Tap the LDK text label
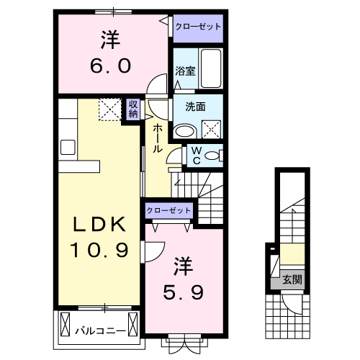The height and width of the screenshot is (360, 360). [x=99, y=226]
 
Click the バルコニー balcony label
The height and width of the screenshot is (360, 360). [x=101, y=331]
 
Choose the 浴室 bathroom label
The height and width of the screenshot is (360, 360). [x=185, y=71]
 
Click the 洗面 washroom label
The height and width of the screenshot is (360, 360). [x=195, y=107]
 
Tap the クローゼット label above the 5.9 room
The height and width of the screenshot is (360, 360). [x=169, y=210]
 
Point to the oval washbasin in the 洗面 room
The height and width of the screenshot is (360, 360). [x=184, y=130]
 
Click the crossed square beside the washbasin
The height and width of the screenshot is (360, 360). [x=212, y=128]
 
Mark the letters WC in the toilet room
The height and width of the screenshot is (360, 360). [x=194, y=156]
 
